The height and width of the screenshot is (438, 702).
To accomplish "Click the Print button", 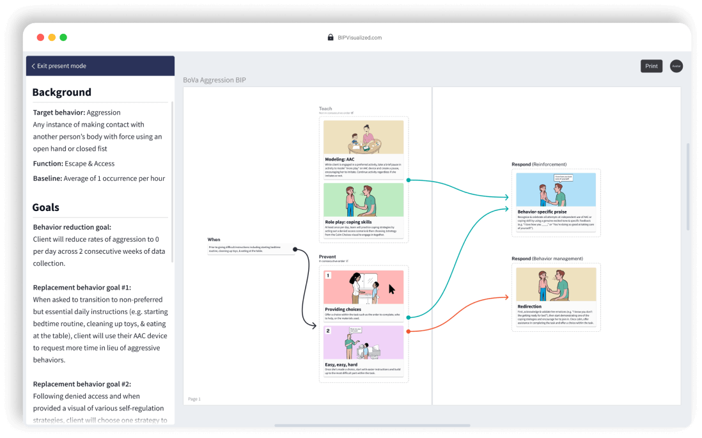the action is coord(651,66).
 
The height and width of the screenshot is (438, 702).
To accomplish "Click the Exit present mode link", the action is coord(61,66).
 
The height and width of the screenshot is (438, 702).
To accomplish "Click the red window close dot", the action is coord(40,38).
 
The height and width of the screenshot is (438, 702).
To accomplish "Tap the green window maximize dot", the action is coord(63,38).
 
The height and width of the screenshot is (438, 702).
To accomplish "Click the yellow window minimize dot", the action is coord(52,38).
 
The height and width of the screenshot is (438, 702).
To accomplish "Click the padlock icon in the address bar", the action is coord(331,38).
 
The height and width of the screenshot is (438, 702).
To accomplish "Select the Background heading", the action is coord(61,92).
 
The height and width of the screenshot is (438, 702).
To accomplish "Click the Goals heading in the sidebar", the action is coord(45,207).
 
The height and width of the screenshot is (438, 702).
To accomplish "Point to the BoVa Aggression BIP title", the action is coord(214,80).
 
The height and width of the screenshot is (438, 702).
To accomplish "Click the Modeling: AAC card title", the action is coord(339,159).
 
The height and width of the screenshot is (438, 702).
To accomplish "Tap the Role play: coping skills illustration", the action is coord(363,199).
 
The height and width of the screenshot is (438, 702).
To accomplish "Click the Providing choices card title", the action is coord(344,309).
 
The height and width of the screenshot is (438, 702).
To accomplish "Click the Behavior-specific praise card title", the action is coord(542,211).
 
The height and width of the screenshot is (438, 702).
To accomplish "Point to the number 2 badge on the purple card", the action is coord(328,331).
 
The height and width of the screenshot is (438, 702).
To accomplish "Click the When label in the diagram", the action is coord(214,240).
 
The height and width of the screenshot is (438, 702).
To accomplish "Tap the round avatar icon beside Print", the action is coord(676,66).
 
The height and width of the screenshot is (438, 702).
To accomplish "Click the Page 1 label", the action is coord(194,399).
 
